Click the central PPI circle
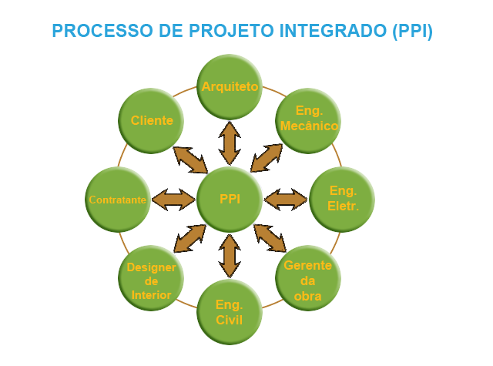(x=230, y=199)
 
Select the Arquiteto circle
(x=230, y=86)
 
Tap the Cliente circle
(x=152, y=121)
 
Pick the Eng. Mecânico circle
(x=308, y=119)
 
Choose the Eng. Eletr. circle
(x=343, y=199)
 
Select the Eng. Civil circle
(x=230, y=311)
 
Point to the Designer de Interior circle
(x=151, y=277)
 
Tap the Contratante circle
(x=118, y=200)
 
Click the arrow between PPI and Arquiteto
(x=230, y=143)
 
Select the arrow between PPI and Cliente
(x=189, y=159)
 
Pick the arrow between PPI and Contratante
(x=173, y=200)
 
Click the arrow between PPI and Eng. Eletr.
(x=286, y=200)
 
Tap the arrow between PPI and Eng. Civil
(x=230, y=256)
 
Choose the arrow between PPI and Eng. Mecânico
(x=267, y=157)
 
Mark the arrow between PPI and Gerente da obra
(x=270, y=238)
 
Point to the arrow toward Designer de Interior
(x=189, y=238)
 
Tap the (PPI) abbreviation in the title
(x=412, y=32)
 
